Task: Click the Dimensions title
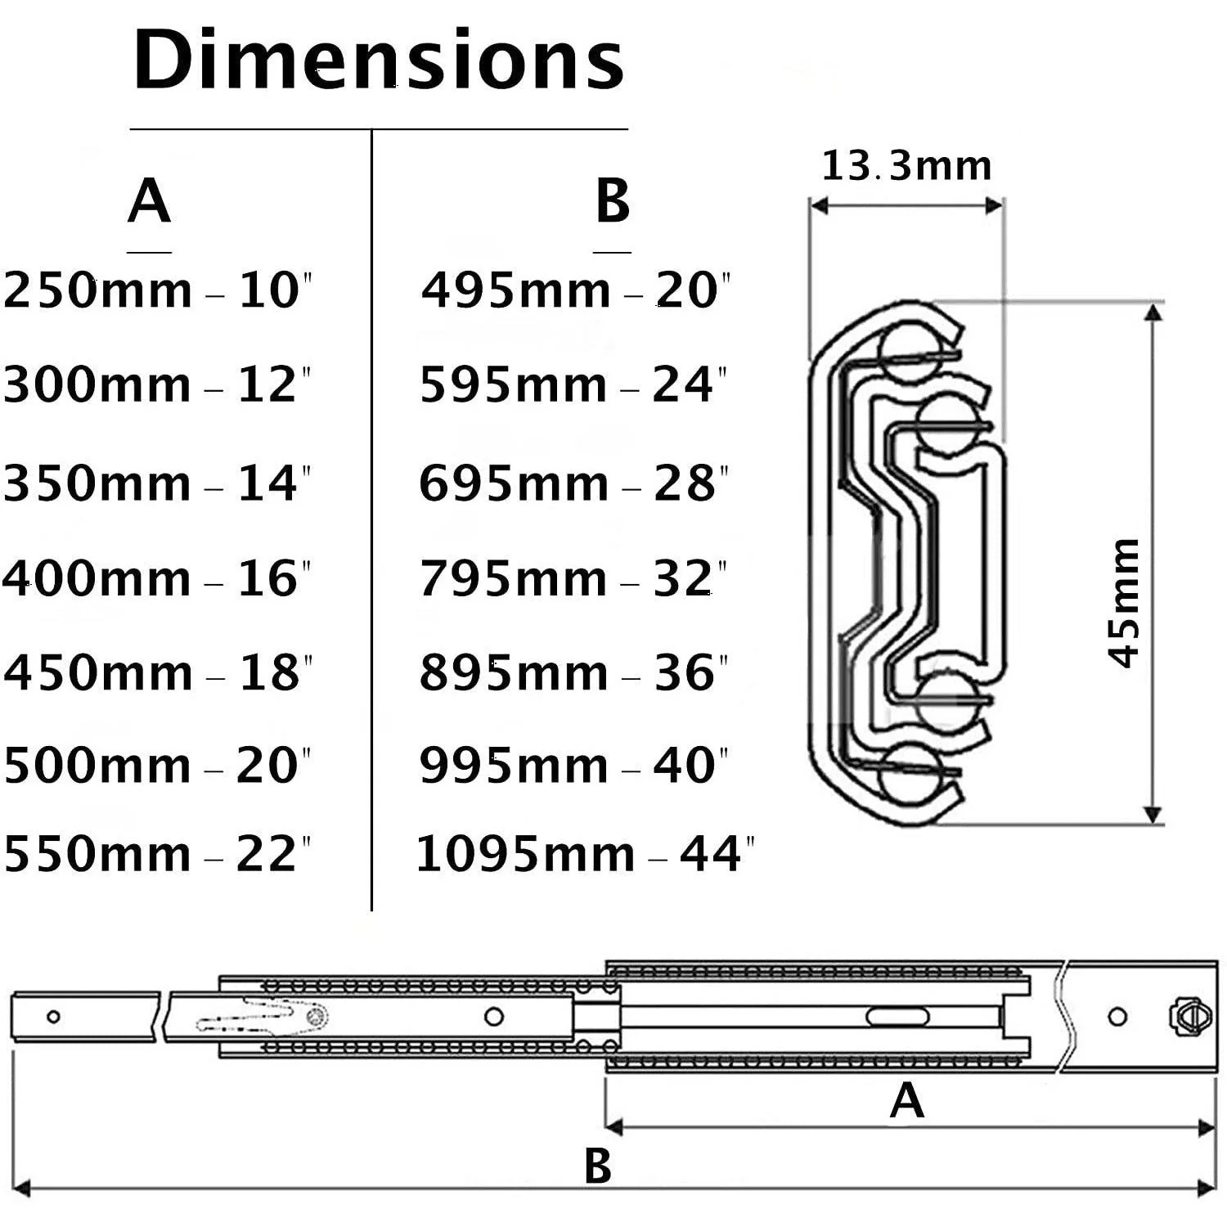tap(379, 60)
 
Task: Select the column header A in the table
tap(149, 201)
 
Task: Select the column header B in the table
tap(613, 201)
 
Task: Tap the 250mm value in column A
tap(98, 290)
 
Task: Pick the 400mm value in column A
tap(97, 578)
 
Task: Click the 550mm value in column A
tap(98, 854)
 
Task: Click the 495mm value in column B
tap(516, 290)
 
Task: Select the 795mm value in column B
tap(514, 578)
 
